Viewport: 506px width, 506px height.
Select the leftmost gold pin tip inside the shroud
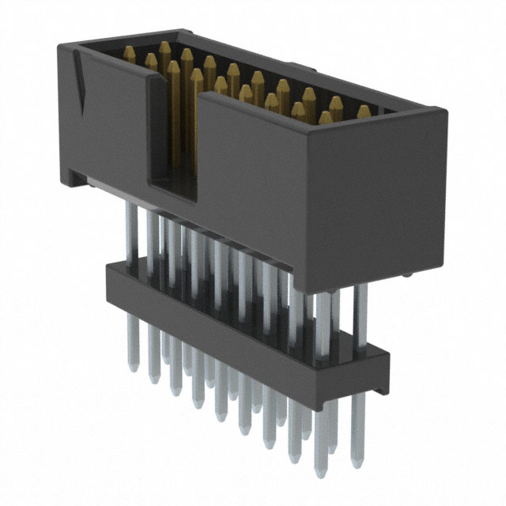click(x=129, y=54)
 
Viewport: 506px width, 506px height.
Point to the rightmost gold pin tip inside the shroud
click(x=364, y=112)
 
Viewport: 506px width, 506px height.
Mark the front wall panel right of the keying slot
click(x=308, y=190)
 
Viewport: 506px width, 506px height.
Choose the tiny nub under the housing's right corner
click(x=406, y=274)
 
